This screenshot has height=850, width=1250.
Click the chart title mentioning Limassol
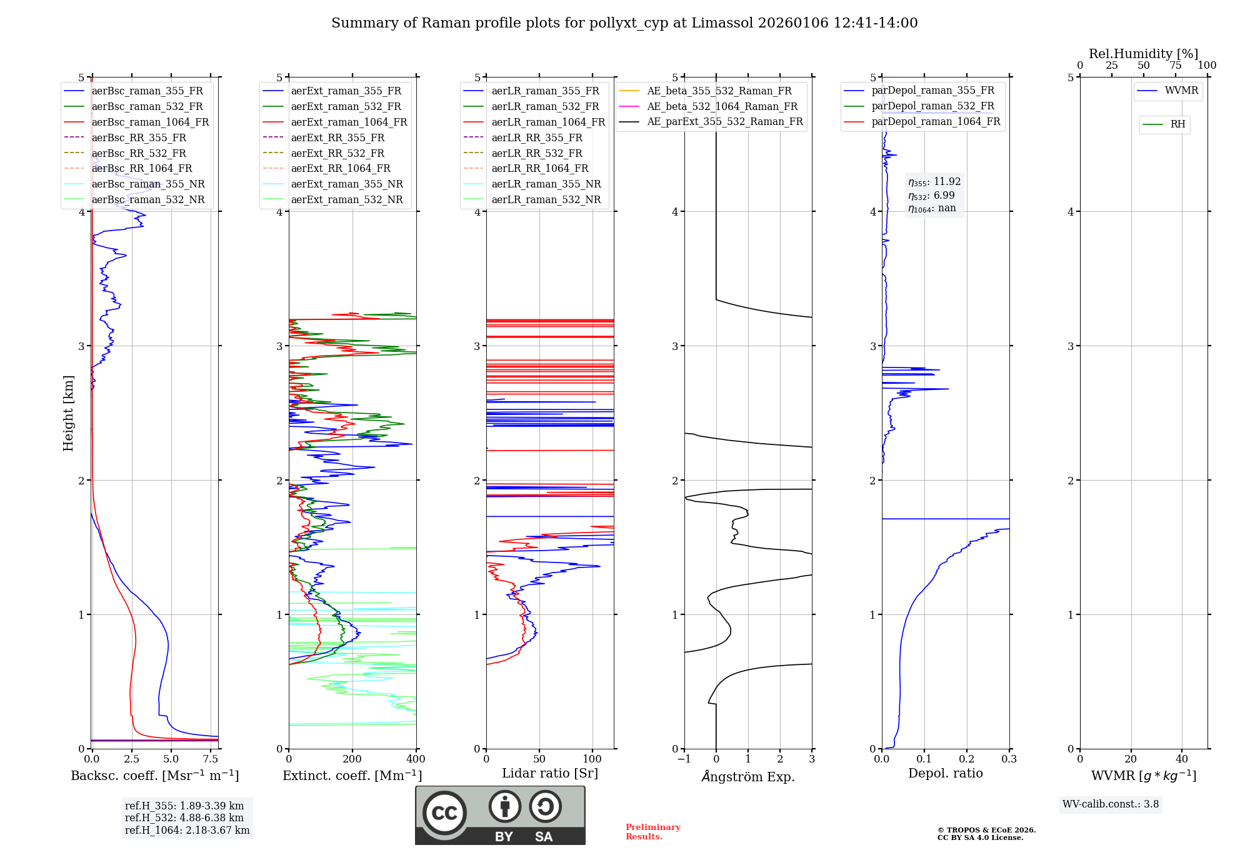(624, 23)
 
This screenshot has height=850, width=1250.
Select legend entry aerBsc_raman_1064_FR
(150, 122)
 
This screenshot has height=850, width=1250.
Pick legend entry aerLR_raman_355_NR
(546, 184)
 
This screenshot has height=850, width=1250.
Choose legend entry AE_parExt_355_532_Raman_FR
(725, 121)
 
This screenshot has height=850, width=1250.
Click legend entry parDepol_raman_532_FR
(932, 106)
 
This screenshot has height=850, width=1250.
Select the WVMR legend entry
(1181, 91)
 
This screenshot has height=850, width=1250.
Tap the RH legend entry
(1177, 124)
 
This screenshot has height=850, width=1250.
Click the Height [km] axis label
(68, 413)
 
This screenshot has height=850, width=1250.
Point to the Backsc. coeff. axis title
(154, 776)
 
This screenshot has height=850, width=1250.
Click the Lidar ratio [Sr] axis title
(550, 773)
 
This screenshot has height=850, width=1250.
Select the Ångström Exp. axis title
(748, 776)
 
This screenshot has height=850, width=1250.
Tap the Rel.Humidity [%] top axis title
(1143, 54)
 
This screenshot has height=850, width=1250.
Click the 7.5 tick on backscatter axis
(211, 759)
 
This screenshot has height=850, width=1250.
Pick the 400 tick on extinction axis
(416, 759)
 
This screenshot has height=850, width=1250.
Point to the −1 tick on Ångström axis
(684, 759)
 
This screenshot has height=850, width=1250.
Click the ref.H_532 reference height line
(184, 817)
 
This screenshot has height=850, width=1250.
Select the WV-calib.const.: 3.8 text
(1111, 804)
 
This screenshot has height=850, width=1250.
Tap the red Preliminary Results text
(652, 831)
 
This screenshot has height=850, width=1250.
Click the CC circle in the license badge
(444, 812)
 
